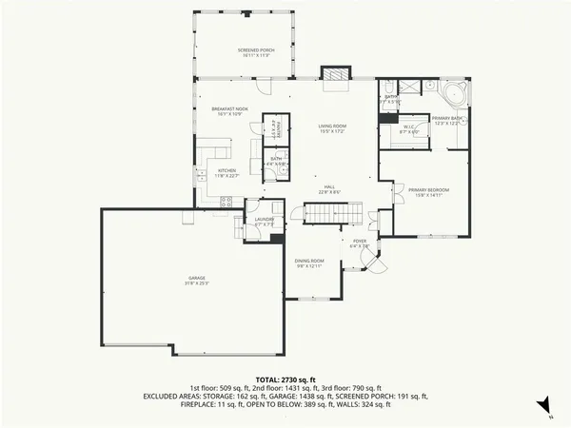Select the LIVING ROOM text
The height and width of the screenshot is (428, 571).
(x=331, y=127)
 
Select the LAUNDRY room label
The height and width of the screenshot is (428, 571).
(x=264, y=222)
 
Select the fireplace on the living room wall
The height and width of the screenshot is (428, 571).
(x=333, y=75)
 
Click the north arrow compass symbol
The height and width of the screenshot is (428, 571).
(x=542, y=408)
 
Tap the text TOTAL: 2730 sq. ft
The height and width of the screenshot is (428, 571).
(x=285, y=379)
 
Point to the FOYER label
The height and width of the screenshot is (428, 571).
(x=360, y=243)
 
